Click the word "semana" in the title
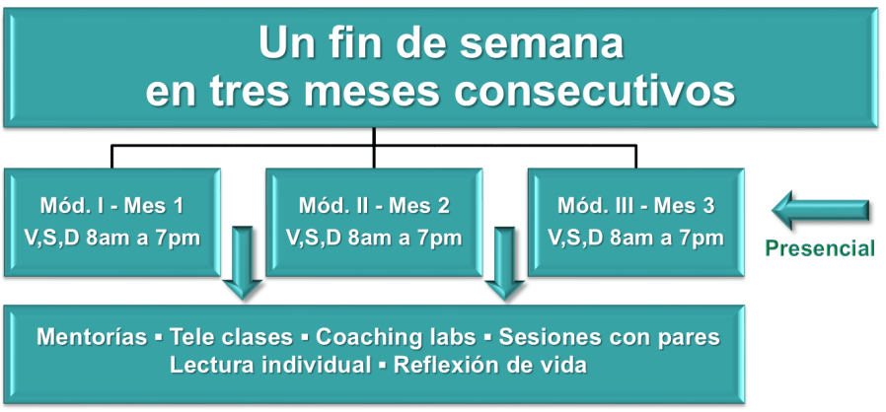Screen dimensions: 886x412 (x=542, y=43)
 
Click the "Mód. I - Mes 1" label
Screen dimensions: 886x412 (x=111, y=206)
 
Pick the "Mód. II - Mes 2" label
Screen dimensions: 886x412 (x=374, y=206)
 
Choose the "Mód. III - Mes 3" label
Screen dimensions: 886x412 (x=636, y=206)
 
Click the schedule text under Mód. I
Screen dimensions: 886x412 (x=111, y=238)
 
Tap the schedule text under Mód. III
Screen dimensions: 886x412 (x=636, y=238)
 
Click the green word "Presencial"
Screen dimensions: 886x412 (x=820, y=248)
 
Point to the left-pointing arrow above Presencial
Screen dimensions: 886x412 (x=821, y=210)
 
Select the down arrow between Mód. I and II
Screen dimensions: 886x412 (x=243, y=263)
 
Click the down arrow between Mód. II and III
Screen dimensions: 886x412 (x=504, y=263)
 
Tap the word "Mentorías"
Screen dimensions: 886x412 (x=92, y=337)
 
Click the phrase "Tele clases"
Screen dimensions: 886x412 (x=231, y=337)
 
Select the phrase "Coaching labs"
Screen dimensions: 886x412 (x=396, y=337)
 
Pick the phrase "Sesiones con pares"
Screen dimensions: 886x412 (x=609, y=337)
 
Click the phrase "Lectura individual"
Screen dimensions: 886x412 (x=270, y=365)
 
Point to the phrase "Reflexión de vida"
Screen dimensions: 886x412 (x=490, y=365)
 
